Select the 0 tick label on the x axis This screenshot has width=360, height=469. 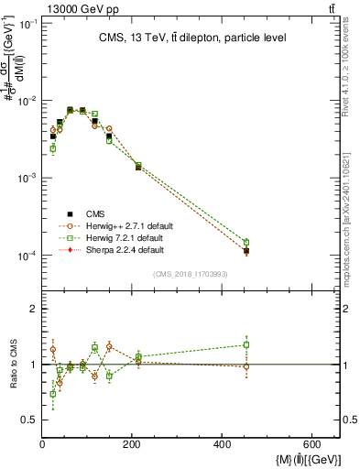pyautogui.click(x=43, y=444)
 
